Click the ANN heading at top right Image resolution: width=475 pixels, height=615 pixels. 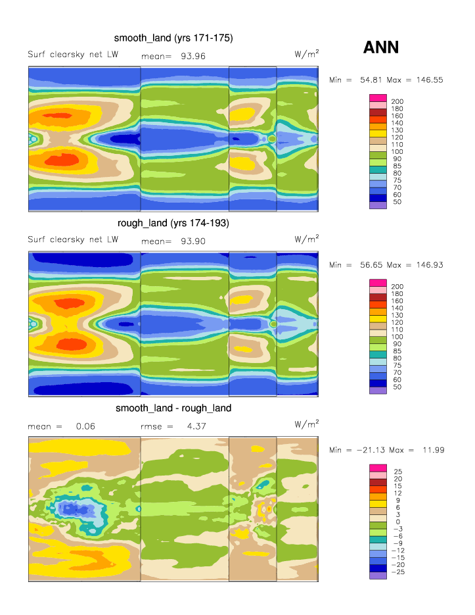click(x=381, y=47)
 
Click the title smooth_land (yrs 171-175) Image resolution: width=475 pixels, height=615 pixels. click(x=173, y=38)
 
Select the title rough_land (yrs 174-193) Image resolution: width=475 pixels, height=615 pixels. click(x=173, y=223)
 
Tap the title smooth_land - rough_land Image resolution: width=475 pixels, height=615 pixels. click(x=173, y=408)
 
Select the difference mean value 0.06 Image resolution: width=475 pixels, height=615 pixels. click(x=85, y=426)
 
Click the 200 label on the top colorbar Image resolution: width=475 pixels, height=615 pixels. click(x=397, y=101)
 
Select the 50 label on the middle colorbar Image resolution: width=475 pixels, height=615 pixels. click(x=396, y=387)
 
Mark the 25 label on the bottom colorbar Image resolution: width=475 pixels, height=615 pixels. click(x=396, y=471)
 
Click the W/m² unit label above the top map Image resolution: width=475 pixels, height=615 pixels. click(x=307, y=54)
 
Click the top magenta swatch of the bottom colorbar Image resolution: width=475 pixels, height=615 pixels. click(x=378, y=467)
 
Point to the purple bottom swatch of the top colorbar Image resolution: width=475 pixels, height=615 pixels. click(x=378, y=205)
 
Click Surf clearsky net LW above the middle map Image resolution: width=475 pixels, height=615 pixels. click(x=73, y=239)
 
